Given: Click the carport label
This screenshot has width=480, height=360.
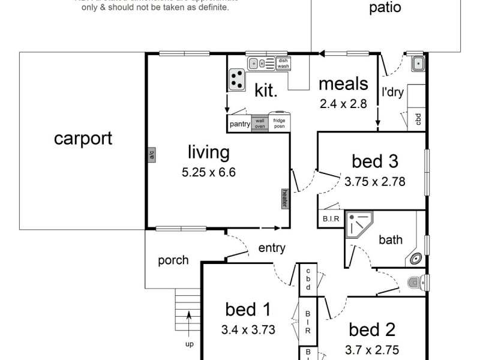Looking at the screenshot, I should [83, 139].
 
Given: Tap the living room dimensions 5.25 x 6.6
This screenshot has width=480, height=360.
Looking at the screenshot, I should [209, 172].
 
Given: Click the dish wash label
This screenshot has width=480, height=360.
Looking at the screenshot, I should [283, 63].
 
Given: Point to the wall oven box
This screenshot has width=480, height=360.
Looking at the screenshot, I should [260, 123].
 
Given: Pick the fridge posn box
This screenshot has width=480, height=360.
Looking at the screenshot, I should [280, 123].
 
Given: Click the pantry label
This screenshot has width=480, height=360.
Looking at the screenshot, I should [239, 124].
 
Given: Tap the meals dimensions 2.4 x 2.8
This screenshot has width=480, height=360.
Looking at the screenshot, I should [343, 103].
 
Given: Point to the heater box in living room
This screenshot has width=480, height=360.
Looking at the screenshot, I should [286, 199].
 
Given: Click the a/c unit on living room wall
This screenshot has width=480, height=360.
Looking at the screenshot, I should [152, 155].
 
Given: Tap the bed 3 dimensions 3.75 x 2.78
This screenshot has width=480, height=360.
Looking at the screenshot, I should [376, 181].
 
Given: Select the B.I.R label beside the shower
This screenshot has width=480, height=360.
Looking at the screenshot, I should [331, 219].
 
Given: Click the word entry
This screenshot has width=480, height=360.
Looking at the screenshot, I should [272, 248].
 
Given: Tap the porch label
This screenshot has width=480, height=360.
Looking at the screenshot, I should [173, 260].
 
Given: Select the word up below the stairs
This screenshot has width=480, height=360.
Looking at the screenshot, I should [190, 345].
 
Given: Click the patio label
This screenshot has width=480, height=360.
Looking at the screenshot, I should [385, 8].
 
